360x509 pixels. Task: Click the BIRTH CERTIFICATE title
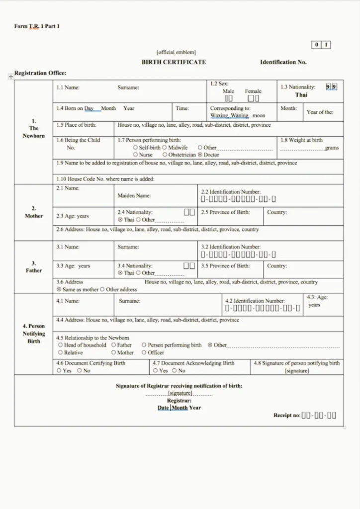pyautogui.click(x=174, y=62)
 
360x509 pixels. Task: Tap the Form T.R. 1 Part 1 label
pyautogui.click(x=37, y=26)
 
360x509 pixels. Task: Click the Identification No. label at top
pyautogui.click(x=283, y=62)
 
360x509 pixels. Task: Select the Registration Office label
pyautogui.click(x=40, y=73)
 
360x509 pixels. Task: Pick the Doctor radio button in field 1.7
pyautogui.click(x=200, y=155)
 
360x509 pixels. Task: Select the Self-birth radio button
pyautogui.click(x=136, y=148)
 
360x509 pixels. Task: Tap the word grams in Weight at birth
pyautogui.click(x=332, y=148)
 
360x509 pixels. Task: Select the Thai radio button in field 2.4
pyautogui.click(x=120, y=220)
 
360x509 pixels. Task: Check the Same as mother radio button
pyautogui.click(x=59, y=289)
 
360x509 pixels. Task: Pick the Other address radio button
pyautogui.click(x=102, y=289)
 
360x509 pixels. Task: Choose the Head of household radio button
pyautogui.click(x=60, y=345)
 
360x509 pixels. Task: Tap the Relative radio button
pyautogui.click(x=60, y=352)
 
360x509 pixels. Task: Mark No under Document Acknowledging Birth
pyautogui.click(x=175, y=371)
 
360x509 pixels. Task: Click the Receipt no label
pyautogui.click(x=286, y=415)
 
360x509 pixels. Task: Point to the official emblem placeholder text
pyautogui.click(x=176, y=52)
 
